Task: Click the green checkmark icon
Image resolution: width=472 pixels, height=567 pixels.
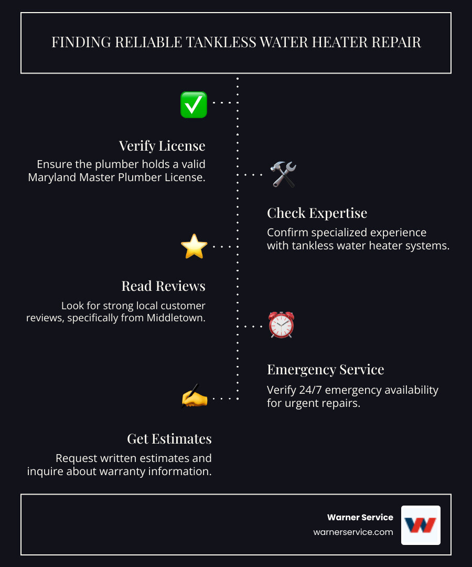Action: click(x=194, y=104)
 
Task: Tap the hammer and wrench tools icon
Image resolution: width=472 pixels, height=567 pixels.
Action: click(x=283, y=174)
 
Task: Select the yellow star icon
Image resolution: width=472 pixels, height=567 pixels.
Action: click(x=194, y=246)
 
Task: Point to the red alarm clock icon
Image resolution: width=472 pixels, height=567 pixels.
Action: click(x=282, y=325)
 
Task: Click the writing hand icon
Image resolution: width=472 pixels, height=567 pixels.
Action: click(x=194, y=397)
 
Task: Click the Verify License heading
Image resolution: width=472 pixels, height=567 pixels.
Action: click(x=162, y=145)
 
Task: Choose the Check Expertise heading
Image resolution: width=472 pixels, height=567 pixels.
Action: click(x=317, y=213)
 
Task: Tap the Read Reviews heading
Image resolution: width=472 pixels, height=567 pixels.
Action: click(x=163, y=286)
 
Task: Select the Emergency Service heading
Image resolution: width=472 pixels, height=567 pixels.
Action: click(x=325, y=370)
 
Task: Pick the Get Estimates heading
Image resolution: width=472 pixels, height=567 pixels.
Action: click(x=169, y=438)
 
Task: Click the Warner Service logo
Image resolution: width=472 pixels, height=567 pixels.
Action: click(x=421, y=525)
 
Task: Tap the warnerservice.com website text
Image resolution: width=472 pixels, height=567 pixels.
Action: click(x=353, y=532)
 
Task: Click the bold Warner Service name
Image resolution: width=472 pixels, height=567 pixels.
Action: click(x=360, y=517)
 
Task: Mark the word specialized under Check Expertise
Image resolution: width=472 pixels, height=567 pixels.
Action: click(x=336, y=232)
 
